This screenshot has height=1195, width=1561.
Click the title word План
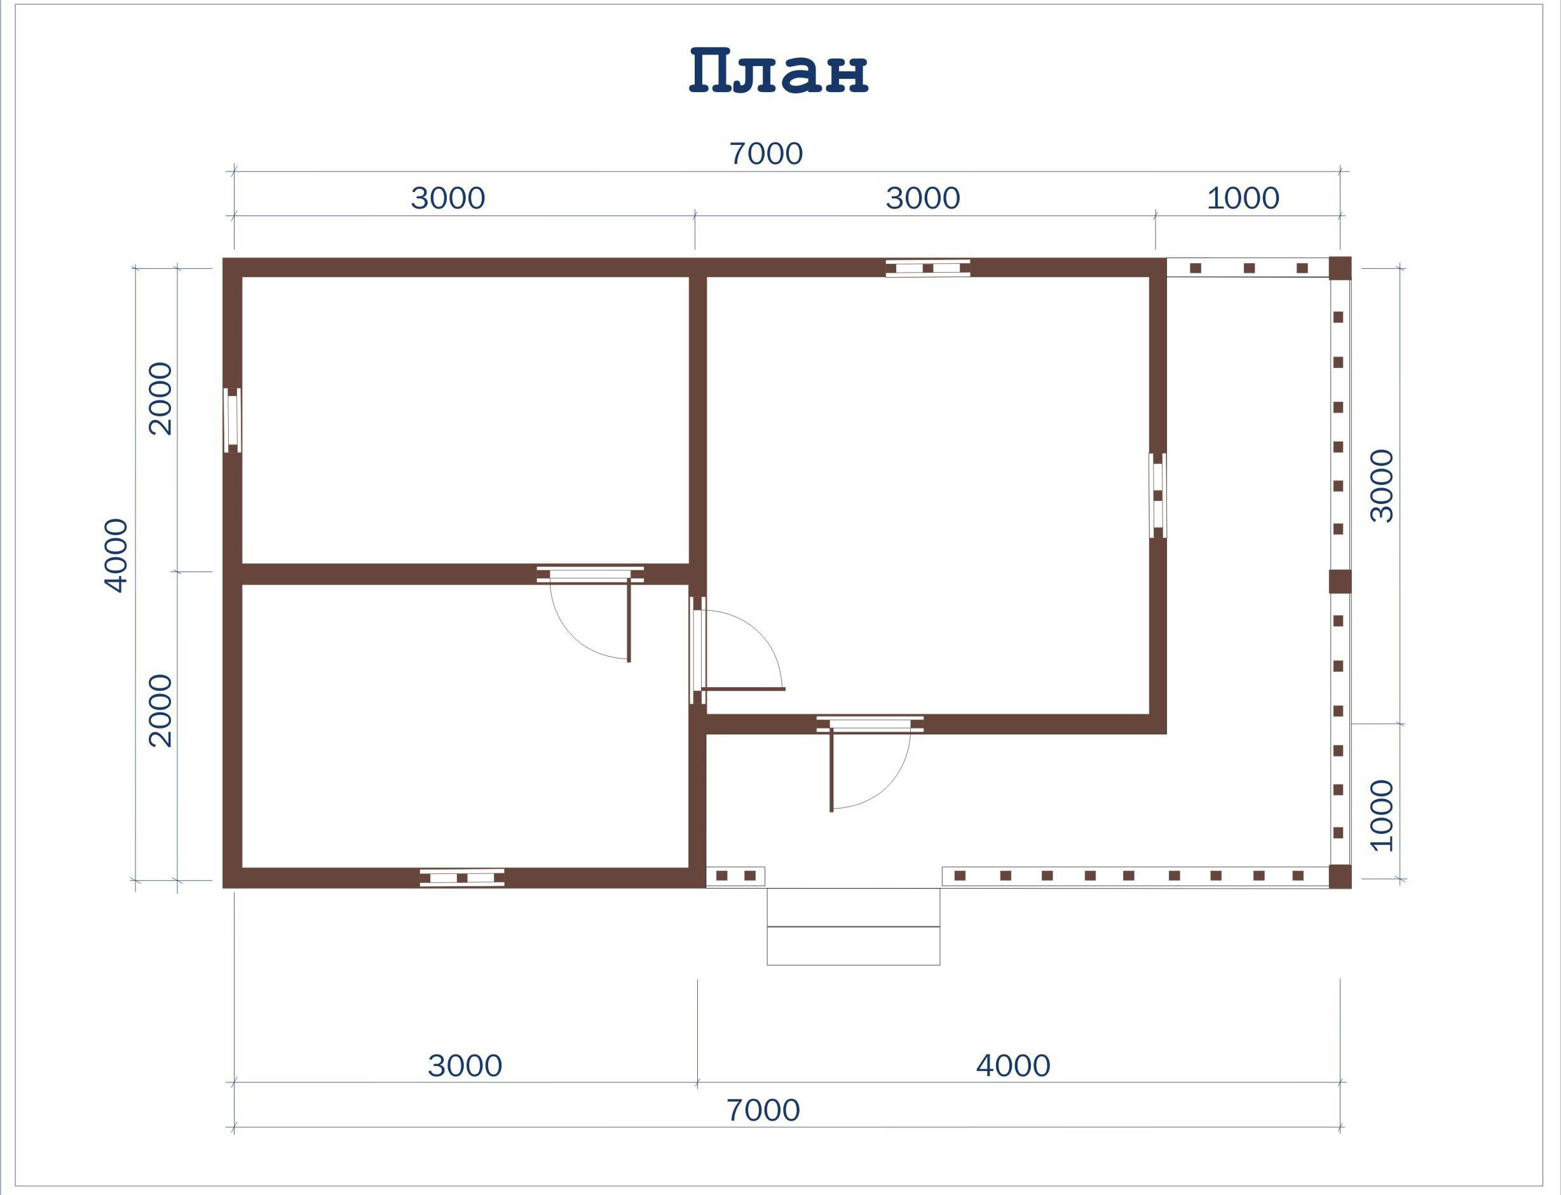click(779, 71)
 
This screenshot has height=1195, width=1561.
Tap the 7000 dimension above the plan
click(766, 154)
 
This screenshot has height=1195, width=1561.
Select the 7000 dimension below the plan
click(763, 1110)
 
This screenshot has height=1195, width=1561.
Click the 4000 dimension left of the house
click(116, 556)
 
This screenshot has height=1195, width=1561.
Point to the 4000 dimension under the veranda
click(1012, 1065)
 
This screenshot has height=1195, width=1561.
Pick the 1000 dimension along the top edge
click(1243, 198)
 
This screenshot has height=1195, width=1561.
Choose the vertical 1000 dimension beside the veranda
click(1382, 815)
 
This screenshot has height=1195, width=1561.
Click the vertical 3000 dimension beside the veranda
click(1382, 486)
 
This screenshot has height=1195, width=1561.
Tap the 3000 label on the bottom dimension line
click(465, 1065)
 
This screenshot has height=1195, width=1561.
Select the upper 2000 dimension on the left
click(160, 399)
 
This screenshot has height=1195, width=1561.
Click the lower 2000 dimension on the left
click(160, 711)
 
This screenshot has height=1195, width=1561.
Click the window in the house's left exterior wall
click(233, 420)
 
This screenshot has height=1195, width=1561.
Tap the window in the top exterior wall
click(927, 268)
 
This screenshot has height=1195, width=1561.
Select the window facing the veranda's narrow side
click(1158, 496)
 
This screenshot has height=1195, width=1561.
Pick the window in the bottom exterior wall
click(462, 878)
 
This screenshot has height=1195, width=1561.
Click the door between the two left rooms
click(590, 615)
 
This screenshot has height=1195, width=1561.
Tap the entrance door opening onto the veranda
click(869, 763)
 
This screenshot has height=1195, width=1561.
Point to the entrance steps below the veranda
click(854, 927)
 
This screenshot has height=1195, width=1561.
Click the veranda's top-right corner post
click(1340, 268)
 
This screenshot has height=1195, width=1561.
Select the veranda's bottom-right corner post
click(1340, 877)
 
